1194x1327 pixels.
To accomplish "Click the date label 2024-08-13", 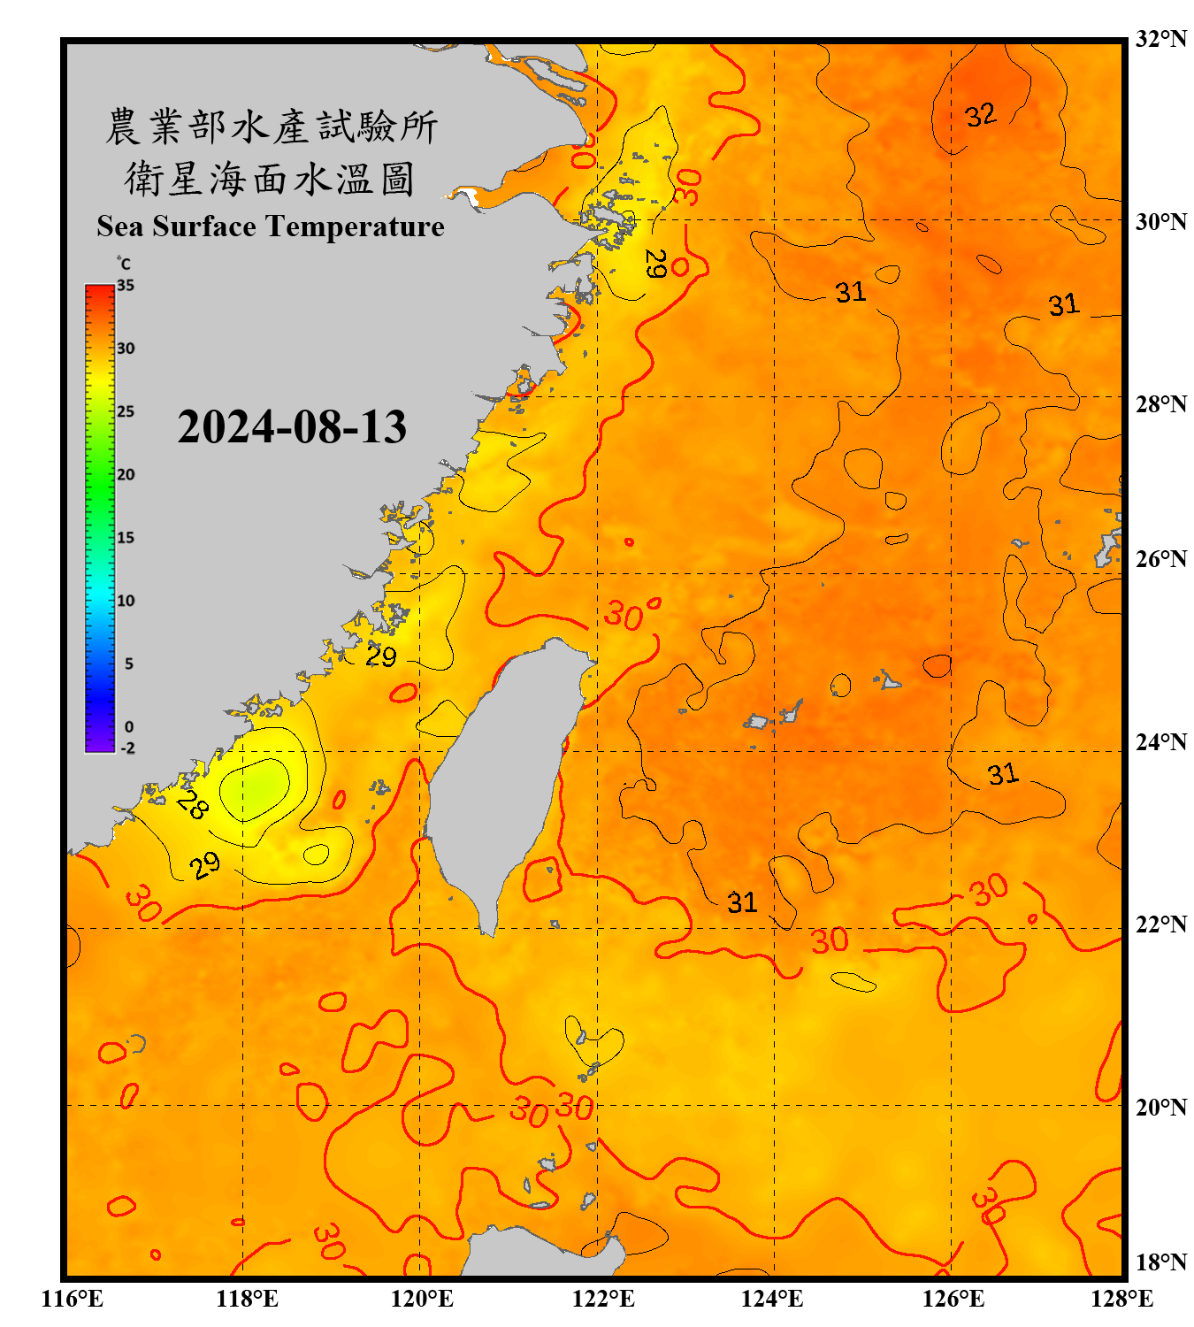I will click(x=292, y=426).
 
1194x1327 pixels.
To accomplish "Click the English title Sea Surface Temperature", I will click(x=271, y=226).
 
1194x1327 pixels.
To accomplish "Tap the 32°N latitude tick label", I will click(x=1160, y=39).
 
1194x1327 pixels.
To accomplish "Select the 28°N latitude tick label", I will click(x=1160, y=404).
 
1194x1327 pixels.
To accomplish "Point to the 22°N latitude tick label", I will click(x=1160, y=924).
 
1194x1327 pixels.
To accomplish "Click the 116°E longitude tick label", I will click(x=73, y=1299).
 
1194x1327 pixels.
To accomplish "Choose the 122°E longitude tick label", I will click(x=603, y=1299).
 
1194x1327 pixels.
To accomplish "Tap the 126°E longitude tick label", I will click(x=953, y=1299).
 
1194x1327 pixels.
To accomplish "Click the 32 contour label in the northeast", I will click(x=980, y=115).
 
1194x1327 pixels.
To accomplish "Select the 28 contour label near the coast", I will click(x=192, y=804).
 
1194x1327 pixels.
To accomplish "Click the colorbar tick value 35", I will click(x=126, y=286).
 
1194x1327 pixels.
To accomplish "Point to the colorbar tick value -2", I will click(x=127, y=748).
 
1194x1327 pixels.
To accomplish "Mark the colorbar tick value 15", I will click(x=126, y=538).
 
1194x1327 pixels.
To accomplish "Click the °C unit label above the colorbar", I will click(x=124, y=264).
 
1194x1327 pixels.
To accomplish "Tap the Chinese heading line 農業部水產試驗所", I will click(x=271, y=127).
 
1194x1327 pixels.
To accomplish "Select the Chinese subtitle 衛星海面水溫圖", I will click(x=271, y=180).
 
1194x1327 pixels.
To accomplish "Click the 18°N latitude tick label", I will click(x=1160, y=1262).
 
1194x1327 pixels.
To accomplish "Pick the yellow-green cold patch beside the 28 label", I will click(x=256, y=787).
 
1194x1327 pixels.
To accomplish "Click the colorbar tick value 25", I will click(x=126, y=411).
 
